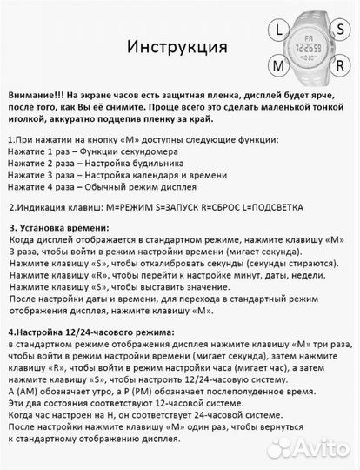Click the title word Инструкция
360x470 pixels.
tap(177, 45)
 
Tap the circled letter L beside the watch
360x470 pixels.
tap(280, 28)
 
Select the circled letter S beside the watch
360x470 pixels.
tap(343, 28)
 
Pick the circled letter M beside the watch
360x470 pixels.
tap(280, 66)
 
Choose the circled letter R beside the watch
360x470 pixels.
tap(343, 66)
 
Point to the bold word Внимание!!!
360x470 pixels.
tap(39, 94)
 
